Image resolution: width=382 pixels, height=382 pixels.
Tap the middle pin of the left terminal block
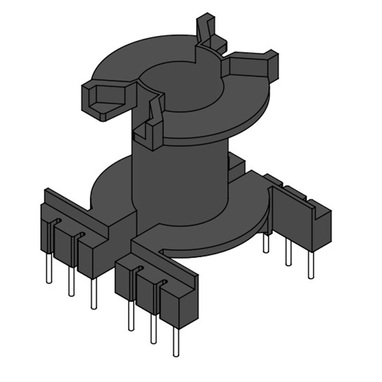click(71, 282)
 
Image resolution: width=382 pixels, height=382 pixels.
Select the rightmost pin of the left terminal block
click(94, 294)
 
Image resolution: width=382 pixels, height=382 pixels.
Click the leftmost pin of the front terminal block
click(130, 315)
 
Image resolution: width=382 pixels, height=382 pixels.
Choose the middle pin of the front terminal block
click(153, 329)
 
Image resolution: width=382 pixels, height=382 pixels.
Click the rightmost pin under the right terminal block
click(311, 265)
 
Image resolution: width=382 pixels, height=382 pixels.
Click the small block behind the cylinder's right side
click(236, 165)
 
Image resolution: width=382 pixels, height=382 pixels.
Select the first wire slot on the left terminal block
click(55, 222)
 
